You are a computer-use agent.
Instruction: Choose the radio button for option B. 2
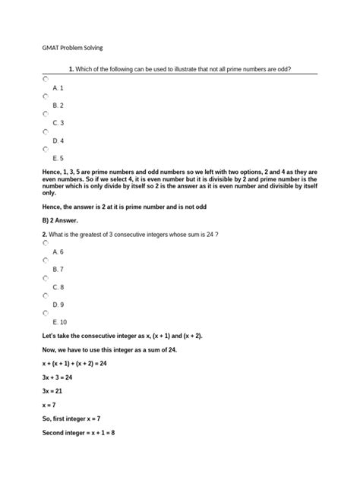pos(46,97)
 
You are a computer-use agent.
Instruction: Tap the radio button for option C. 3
pos(46,115)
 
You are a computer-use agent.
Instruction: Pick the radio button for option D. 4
pos(46,132)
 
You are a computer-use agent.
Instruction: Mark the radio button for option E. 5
pos(46,150)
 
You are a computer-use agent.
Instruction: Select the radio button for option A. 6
pos(46,243)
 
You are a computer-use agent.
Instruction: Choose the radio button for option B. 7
pos(46,261)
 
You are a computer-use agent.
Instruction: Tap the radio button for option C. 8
pos(46,279)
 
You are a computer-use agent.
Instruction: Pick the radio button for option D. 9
pos(46,296)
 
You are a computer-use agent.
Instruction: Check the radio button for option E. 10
pos(46,313)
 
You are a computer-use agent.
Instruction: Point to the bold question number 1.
pos(70,69)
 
